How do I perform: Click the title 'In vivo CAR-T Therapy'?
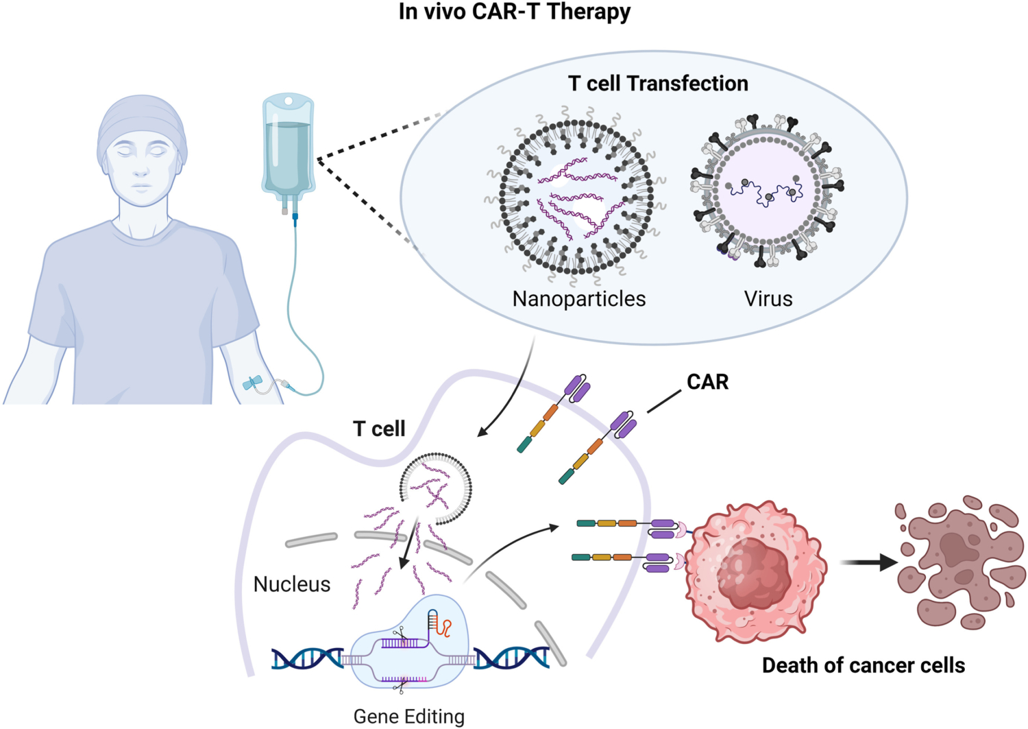pyautogui.click(x=514, y=12)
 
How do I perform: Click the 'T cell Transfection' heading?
pyautogui.click(x=657, y=84)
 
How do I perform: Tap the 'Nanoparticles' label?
pyautogui.click(x=578, y=299)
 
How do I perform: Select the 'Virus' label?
pyautogui.click(x=768, y=299)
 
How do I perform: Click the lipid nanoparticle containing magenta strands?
pyautogui.click(x=574, y=197)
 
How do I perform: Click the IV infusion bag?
pyautogui.click(x=288, y=147)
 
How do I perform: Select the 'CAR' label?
pyautogui.click(x=707, y=382)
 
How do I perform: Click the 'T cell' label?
pyautogui.click(x=379, y=429)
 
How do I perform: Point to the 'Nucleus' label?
pyautogui.click(x=291, y=584)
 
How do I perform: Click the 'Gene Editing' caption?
pyautogui.click(x=408, y=716)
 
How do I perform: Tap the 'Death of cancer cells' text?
pyautogui.click(x=863, y=665)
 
